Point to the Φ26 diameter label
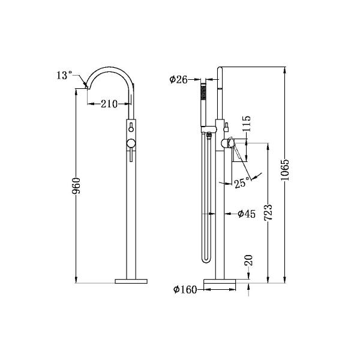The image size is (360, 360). tap(181, 79)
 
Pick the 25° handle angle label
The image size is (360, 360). tap(242, 184)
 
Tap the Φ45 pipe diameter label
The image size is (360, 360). tap(247, 213)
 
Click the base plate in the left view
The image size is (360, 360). tap(130, 280)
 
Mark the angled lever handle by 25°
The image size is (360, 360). tap(240, 150)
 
